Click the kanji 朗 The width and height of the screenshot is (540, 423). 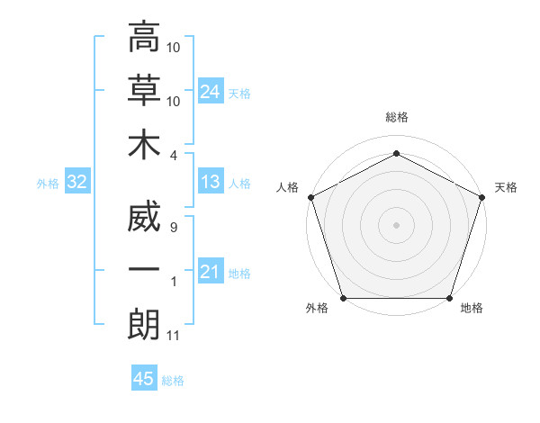pos(144,323)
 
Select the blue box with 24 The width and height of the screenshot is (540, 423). pos(211,92)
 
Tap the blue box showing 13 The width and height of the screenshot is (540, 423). pos(211,183)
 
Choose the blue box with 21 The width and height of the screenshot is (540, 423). pos(211,272)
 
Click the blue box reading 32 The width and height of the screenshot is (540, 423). pos(76,183)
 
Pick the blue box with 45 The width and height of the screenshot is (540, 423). pos(144,379)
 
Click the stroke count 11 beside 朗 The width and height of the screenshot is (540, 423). pos(173,336)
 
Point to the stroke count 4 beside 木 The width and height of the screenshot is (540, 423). pos(174,154)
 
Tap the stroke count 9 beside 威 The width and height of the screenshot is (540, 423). pos(173,228)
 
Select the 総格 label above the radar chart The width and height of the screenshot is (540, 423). pos(396,117)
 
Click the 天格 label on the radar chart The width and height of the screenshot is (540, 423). pos(506,187)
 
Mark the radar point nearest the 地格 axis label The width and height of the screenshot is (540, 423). pos(450,298)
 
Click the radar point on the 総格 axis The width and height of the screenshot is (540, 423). pos(396,153)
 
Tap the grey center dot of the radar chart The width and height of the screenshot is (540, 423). pos(396,224)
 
